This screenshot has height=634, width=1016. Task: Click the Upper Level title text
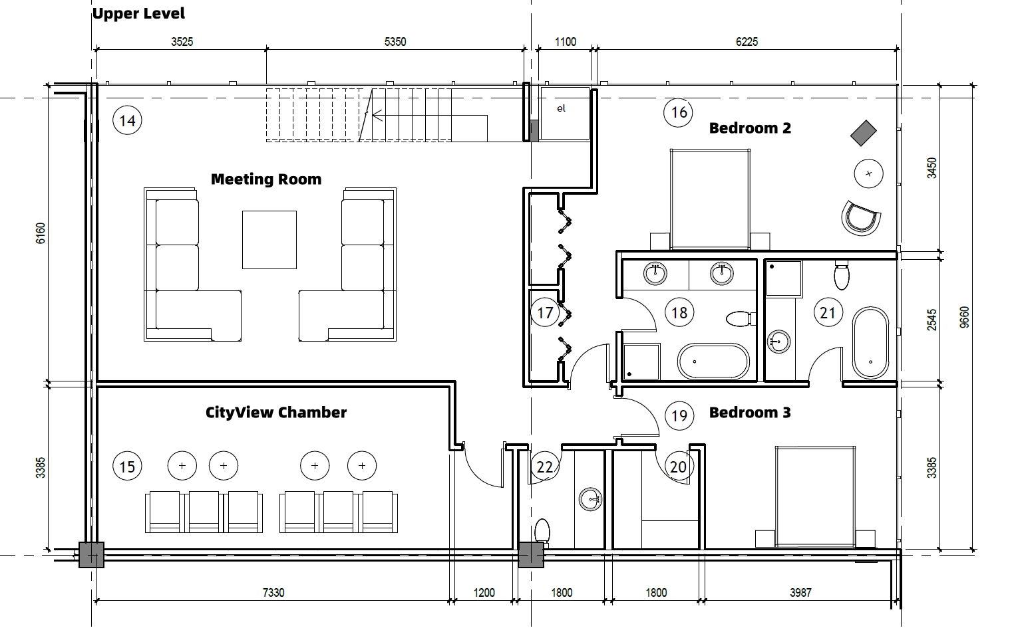point(138,13)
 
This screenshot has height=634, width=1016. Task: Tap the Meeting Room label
point(265,179)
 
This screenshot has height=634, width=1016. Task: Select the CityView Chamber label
point(275,412)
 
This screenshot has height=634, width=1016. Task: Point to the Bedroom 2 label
point(750,128)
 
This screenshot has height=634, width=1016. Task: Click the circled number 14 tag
point(127,120)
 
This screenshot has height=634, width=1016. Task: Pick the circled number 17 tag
point(545,312)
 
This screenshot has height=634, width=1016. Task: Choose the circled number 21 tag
point(827,312)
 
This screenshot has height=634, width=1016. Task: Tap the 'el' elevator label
point(561,108)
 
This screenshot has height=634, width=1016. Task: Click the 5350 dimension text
point(395,42)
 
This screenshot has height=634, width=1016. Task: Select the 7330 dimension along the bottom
point(273,592)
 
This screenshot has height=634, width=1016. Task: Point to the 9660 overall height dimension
point(965,316)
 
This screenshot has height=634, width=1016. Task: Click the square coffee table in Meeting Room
point(269,239)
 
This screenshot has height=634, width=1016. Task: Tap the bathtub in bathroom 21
point(870,342)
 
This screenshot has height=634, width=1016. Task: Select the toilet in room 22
point(542,532)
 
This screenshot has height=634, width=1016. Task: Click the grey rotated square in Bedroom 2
point(864,133)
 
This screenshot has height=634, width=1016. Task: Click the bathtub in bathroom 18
point(713,362)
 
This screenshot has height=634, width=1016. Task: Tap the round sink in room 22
point(590,499)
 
